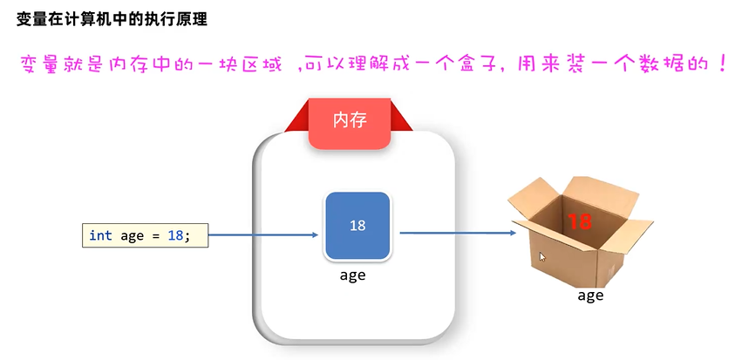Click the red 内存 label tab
pyautogui.click(x=350, y=119)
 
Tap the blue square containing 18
pyautogui.click(x=357, y=226)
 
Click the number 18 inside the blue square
pyautogui.click(x=357, y=226)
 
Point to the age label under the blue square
pyautogui.click(x=352, y=275)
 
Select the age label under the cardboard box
pyautogui.click(x=590, y=295)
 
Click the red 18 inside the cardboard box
pyautogui.click(x=580, y=222)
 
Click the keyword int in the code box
pyautogui.click(x=101, y=235)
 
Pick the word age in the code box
pyautogui.click(x=132, y=235)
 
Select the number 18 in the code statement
pyautogui.click(x=174, y=235)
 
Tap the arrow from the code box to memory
pyautogui.click(x=263, y=234)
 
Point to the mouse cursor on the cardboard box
pyautogui.click(x=542, y=257)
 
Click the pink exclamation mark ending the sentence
pyautogui.click(x=723, y=65)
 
